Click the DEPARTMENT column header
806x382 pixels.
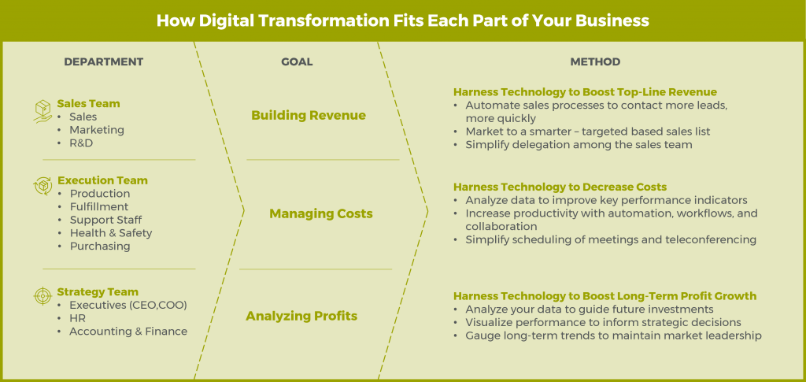tap(103, 62)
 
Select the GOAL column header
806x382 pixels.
tap(297, 62)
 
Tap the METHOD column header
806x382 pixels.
tap(595, 62)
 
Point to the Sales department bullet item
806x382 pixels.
tap(83, 117)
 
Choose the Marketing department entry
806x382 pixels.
tap(96, 130)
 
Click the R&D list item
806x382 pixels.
tap(81, 143)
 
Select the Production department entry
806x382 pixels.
tap(100, 194)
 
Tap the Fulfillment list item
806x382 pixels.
tap(98, 207)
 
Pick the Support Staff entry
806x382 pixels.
tap(105, 220)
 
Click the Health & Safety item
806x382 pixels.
tap(110, 233)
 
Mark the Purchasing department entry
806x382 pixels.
tap(99, 247)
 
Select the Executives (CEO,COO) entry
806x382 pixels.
tap(128, 305)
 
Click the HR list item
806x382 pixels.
tap(77, 318)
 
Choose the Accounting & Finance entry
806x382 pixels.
tap(128, 332)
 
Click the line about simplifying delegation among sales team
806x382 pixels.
tap(579, 144)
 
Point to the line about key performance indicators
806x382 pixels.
tap(606, 200)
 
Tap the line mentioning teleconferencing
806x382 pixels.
tap(610, 239)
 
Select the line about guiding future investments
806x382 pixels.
tap(589, 310)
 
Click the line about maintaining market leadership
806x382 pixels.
tap(613, 336)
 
